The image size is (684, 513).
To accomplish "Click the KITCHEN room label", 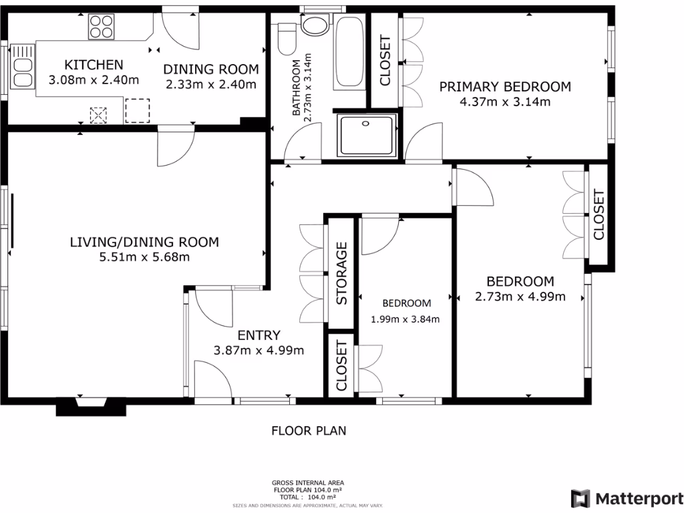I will [x=94, y=65].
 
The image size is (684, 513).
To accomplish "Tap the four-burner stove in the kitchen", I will [x=101, y=27].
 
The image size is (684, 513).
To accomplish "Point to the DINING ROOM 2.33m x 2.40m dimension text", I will [x=211, y=84].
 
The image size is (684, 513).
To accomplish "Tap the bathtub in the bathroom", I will [x=349, y=52].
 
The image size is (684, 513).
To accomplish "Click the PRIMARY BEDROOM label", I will [x=504, y=86].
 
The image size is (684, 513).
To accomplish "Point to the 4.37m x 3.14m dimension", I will [x=504, y=102].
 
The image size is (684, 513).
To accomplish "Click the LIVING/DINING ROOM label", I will [x=144, y=242].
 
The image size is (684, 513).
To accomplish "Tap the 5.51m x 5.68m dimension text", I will [x=144, y=257].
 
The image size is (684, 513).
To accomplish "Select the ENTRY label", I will [x=259, y=335].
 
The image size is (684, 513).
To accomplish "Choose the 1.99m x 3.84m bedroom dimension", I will [x=405, y=319].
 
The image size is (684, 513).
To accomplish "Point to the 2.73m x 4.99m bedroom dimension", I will [x=520, y=297].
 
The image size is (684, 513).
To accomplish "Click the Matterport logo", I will [x=626, y=498].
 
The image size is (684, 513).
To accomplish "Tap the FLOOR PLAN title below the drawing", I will [x=309, y=431].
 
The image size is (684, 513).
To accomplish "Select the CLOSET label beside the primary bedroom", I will [x=385, y=61].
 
